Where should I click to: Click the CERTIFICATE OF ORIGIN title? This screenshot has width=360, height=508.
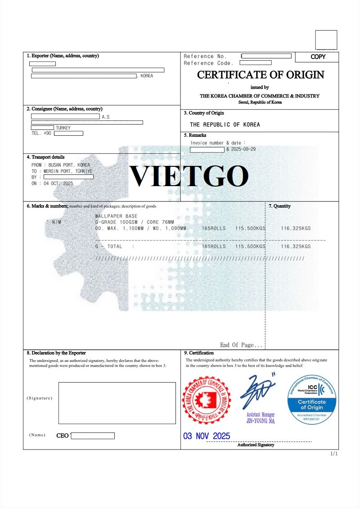261,75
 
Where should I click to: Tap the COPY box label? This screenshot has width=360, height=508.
318,57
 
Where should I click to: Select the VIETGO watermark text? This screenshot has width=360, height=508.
189,176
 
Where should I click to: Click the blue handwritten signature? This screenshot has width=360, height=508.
258,391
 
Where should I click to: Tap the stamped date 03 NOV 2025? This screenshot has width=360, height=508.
207,436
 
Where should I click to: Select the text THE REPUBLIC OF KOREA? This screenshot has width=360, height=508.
225,125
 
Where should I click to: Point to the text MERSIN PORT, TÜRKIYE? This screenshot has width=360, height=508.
68,171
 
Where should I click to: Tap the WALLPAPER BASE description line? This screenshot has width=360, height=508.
117,216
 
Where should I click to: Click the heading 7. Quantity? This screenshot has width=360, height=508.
279,206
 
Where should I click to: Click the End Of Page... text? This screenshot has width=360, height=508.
241,345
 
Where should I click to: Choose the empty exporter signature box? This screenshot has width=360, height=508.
117,403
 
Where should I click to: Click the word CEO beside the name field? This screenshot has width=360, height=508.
63,436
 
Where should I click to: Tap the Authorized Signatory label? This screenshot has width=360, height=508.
256,445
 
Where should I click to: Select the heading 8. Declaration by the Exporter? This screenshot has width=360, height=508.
56,353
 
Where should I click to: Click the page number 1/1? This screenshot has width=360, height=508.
334,454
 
